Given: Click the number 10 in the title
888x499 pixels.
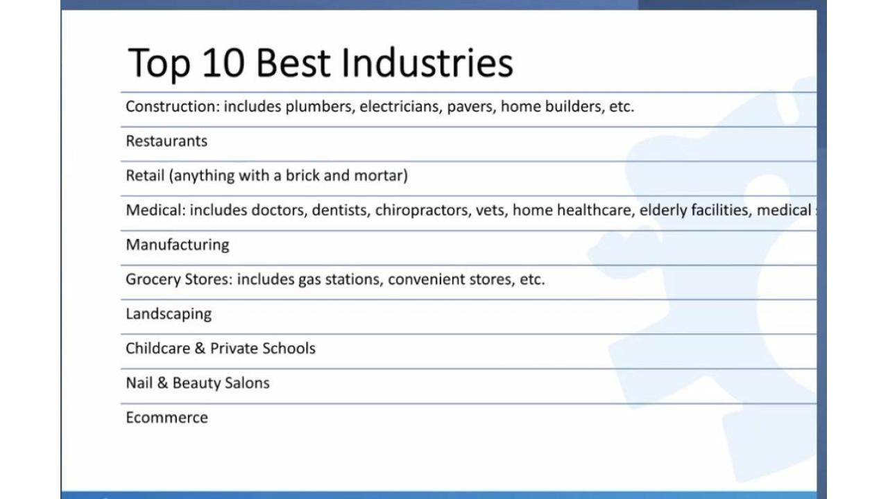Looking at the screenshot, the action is click(x=223, y=62).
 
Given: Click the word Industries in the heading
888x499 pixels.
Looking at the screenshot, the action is click(x=427, y=62).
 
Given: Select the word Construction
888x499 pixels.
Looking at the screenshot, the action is click(x=171, y=106).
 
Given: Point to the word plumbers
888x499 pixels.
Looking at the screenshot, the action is click(x=318, y=107).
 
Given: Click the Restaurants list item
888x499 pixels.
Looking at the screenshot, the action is click(x=166, y=141).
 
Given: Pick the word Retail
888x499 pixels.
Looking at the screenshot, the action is click(x=145, y=175).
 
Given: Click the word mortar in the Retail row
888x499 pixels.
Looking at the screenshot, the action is click(x=379, y=176).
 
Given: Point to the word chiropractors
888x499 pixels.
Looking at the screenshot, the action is click(x=421, y=210).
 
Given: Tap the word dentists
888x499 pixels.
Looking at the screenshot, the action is click(x=339, y=210).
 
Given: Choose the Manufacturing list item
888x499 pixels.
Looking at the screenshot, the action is click(x=178, y=245).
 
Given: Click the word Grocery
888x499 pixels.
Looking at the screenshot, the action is click(x=153, y=279).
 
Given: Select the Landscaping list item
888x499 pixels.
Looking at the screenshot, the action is click(x=169, y=314).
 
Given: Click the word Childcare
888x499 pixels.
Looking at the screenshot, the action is click(x=157, y=348).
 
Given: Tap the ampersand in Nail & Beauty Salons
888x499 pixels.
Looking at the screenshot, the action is click(x=162, y=383).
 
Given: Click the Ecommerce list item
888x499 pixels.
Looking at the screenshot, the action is click(x=167, y=417).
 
